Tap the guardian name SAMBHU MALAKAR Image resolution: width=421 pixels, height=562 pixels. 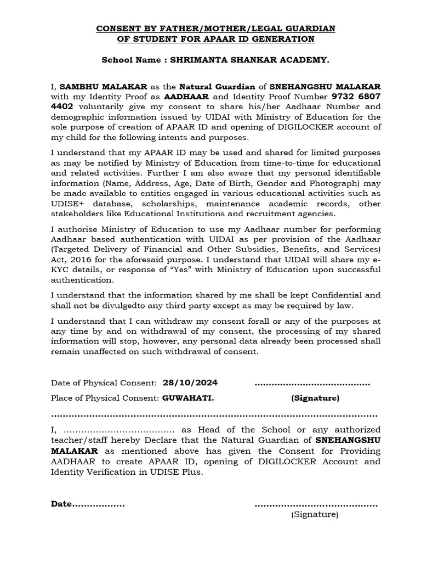point(103,87)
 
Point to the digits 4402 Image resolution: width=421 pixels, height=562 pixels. point(62,106)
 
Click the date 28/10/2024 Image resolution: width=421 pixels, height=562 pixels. point(194,383)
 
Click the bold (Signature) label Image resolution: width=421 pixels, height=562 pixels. point(315,397)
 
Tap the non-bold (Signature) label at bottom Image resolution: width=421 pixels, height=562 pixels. point(315,514)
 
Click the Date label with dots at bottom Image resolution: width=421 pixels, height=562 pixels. point(88,504)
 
